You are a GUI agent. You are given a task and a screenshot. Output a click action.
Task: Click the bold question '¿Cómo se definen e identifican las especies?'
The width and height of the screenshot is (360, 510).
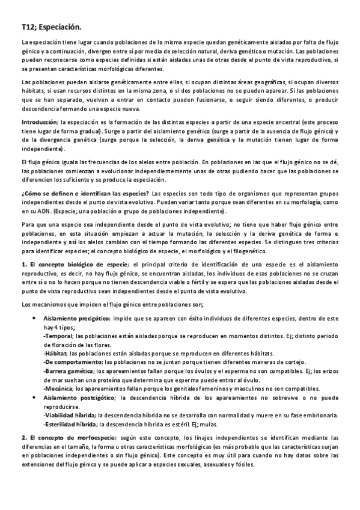point(85,194)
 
